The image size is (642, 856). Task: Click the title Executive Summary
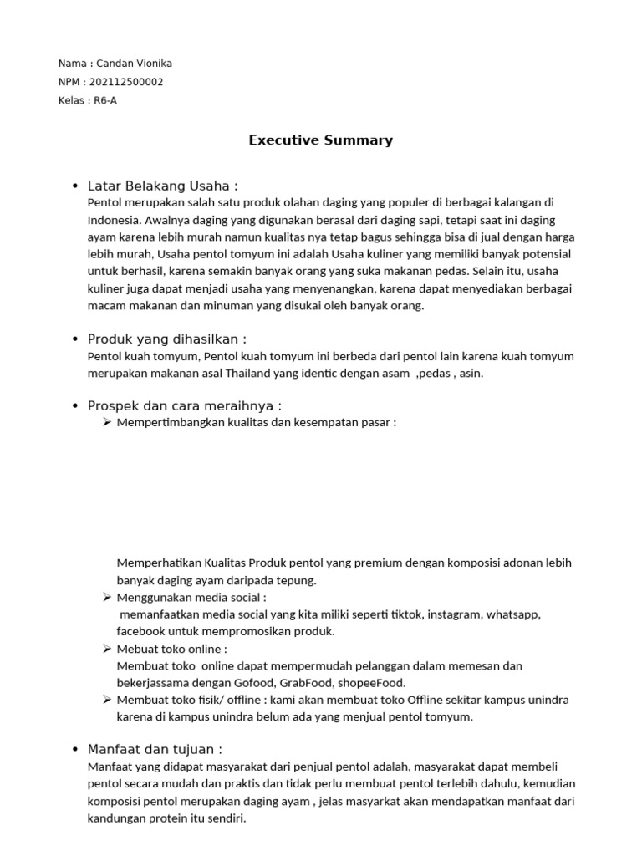tap(320, 140)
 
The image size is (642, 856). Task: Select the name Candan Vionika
tap(135, 64)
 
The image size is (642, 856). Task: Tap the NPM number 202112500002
tap(130, 82)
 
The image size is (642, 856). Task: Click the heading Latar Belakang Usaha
tap(162, 186)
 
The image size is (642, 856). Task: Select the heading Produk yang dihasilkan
tap(166, 339)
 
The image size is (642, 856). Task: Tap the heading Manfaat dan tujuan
tap(155, 749)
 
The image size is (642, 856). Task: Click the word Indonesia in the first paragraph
tap(115, 221)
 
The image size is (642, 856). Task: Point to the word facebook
tap(142, 631)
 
